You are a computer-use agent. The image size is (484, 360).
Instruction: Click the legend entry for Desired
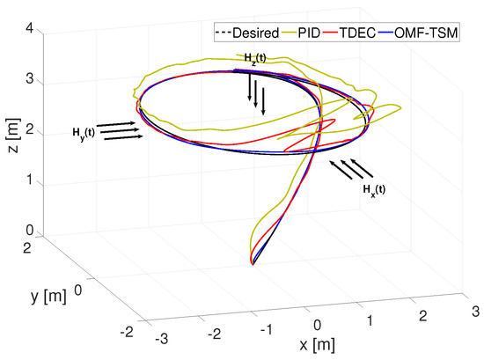pos(243,33)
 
